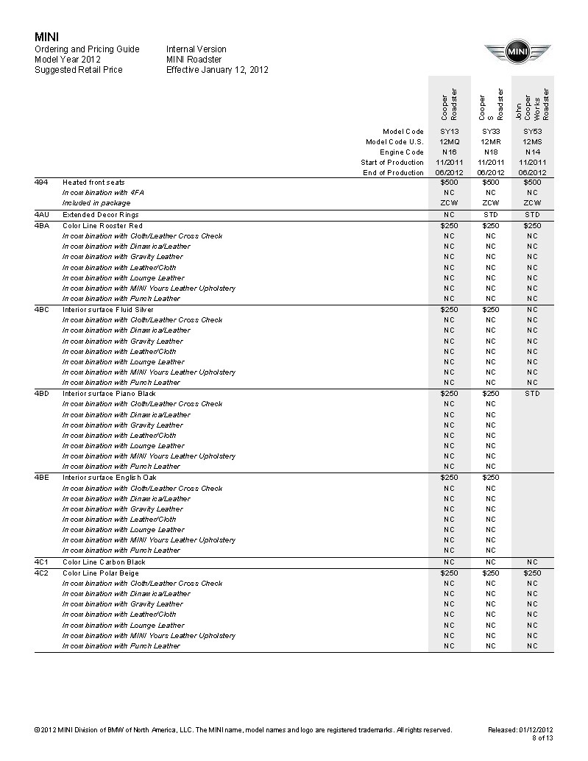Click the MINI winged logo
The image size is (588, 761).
tap(517, 53)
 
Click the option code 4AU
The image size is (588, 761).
tap(41, 215)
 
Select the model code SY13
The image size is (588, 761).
tap(449, 132)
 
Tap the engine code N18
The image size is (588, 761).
tap(490, 152)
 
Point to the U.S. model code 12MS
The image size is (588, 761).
tap(532, 142)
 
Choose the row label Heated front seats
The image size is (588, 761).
tap(93, 183)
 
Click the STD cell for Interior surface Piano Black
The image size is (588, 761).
tap(532, 394)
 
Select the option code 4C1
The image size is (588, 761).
tap(41, 562)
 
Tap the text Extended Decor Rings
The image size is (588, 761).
tap(101, 215)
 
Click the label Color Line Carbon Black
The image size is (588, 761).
tap(104, 562)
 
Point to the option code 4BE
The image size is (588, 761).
tap(41, 478)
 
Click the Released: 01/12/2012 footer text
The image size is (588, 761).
tap(520, 730)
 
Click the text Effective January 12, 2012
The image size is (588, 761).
tap(217, 71)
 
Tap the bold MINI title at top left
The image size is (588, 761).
tap(47, 37)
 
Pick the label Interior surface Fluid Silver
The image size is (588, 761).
tap(108, 310)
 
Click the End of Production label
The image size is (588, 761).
tap(393, 173)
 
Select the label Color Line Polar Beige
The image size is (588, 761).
tap(101, 573)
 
